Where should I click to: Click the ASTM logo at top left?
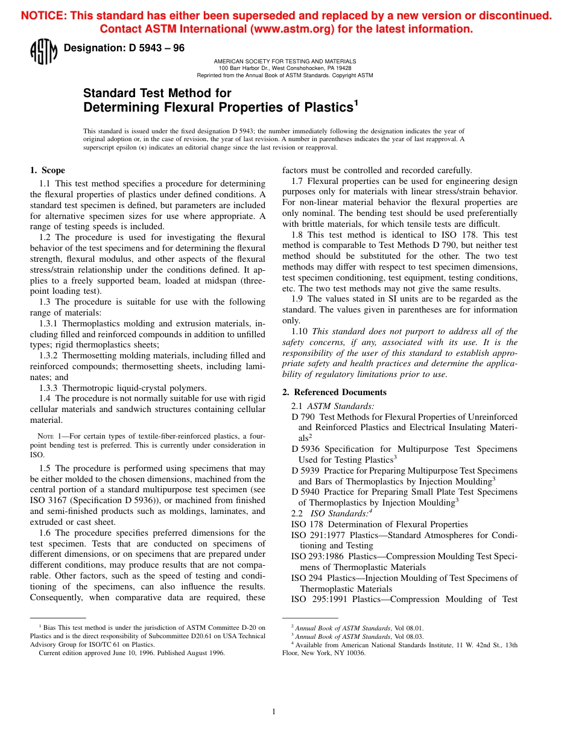(43, 51)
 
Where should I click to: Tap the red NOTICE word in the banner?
(42, 16)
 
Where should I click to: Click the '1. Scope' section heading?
(48, 170)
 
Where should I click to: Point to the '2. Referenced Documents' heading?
(335, 392)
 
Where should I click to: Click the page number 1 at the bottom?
(274, 712)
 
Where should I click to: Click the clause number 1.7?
(297, 181)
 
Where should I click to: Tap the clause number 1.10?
(300, 331)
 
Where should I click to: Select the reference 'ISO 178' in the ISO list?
(307, 524)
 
